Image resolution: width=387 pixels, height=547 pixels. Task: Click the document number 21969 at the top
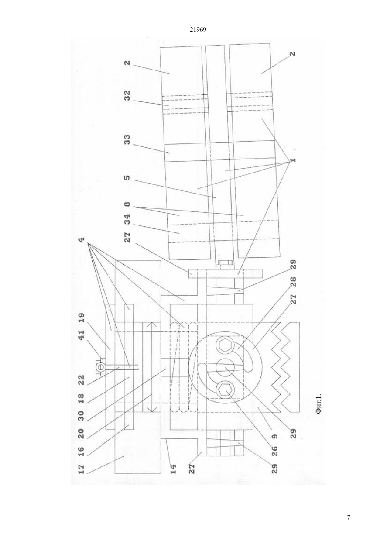point(198,30)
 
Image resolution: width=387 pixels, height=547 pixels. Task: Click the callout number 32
point(127,95)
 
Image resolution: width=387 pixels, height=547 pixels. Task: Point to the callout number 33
point(127,140)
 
